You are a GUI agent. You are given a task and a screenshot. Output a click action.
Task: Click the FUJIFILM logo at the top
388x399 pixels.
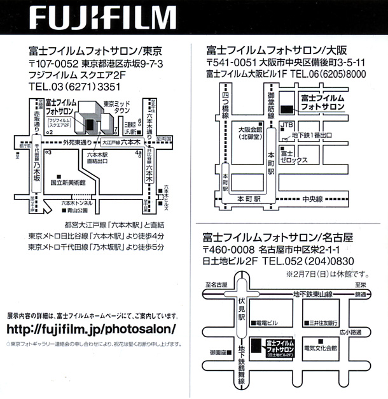point(102,17)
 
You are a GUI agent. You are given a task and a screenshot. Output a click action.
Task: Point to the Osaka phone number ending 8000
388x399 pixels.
point(329,75)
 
